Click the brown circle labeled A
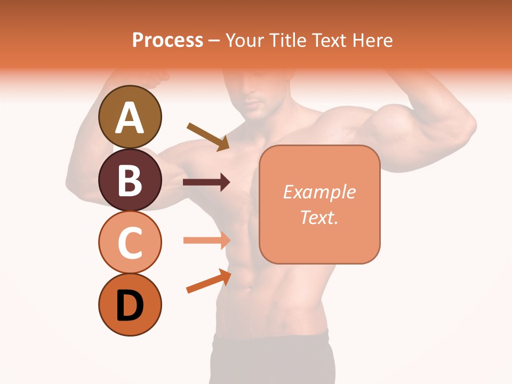click(x=130, y=117)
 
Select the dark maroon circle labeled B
click(x=130, y=180)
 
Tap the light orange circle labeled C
click(x=130, y=242)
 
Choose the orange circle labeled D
click(x=130, y=305)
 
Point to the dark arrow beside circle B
click(x=206, y=182)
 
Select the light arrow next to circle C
click(x=206, y=240)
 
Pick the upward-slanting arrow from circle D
click(x=209, y=281)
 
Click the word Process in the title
click(x=167, y=40)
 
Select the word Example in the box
click(x=319, y=192)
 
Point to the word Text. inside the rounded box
click(x=319, y=217)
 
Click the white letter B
click(x=130, y=180)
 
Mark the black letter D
click(x=130, y=305)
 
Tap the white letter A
click(x=130, y=117)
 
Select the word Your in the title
click(x=243, y=40)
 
